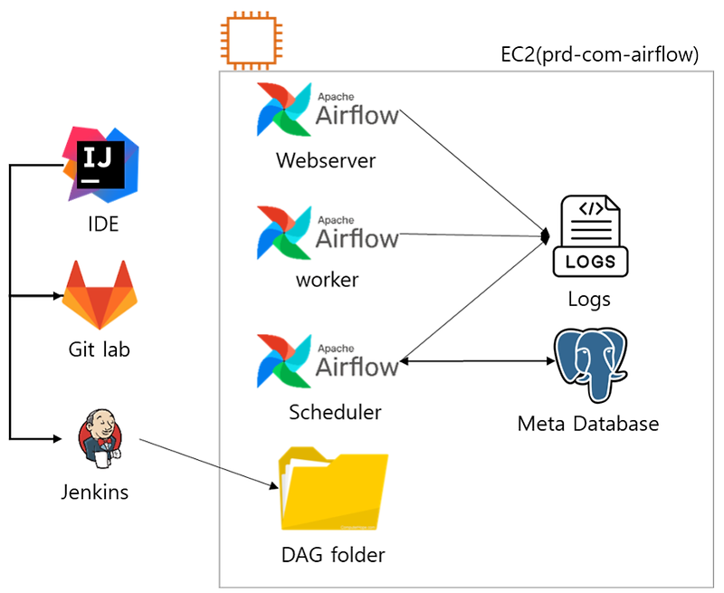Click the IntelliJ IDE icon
coord(100,164)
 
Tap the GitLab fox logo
coord(99,295)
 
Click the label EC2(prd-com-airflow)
coord(600,55)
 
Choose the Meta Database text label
coord(588,424)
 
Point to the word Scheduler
coord(335,412)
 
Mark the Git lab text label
coord(100,349)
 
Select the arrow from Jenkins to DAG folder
coord(208,464)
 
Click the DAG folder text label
coord(333,554)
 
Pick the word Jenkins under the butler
coord(94,493)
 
